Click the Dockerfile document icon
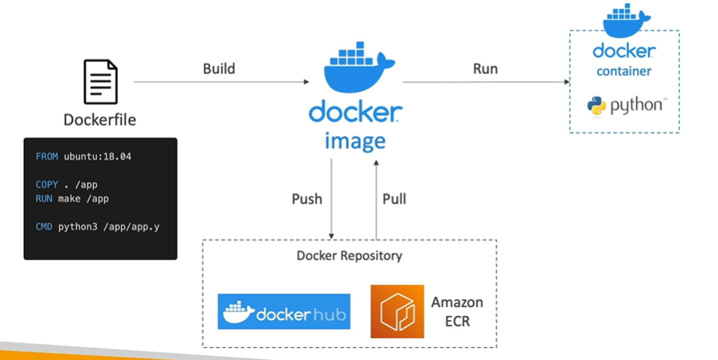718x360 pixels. (100, 81)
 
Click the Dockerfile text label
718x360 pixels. (100, 120)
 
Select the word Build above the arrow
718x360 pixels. (219, 69)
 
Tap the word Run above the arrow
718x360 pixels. (485, 69)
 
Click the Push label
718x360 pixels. (307, 199)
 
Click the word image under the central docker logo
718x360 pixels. (355, 142)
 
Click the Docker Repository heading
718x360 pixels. (349, 257)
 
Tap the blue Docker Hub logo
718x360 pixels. (284, 311)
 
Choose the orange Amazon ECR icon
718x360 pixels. (397, 311)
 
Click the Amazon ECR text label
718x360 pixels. (457, 311)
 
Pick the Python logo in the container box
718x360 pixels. (596, 107)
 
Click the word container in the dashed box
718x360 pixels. (623, 71)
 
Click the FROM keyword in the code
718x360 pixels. (46, 156)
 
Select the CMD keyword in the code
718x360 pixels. (44, 227)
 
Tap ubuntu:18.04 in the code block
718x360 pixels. (98, 156)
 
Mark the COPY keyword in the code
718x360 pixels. (46, 184)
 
